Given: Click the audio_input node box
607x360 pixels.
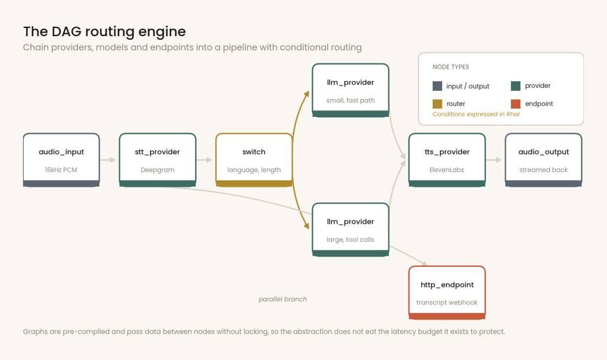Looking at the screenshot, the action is pyautogui.click(x=61, y=160).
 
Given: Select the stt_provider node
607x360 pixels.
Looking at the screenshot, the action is pyautogui.click(x=158, y=160).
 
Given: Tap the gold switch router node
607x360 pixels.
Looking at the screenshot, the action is pyautogui.click(x=254, y=160).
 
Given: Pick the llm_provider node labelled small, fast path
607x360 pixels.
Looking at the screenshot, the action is pyautogui.click(x=350, y=90).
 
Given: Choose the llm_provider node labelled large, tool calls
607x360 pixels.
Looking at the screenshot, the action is pyautogui.click(x=350, y=230).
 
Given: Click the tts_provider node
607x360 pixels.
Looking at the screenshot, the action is pyautogui.click(x=447, y=160).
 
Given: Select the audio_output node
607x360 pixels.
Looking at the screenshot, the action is pyautogui.click(x=544, y=160).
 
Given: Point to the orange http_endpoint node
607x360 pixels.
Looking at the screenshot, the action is pyautogui.click(x=447, y=293).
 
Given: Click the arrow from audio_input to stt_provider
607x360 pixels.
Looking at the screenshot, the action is pyautogui.click(x=108, y=160).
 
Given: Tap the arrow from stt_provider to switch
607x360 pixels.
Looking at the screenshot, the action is pyautogui.click(x=205, y=160).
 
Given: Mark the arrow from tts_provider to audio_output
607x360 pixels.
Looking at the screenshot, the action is pyautogui.click(x=494, y=160).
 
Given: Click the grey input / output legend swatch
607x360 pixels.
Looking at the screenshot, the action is pyautogui.click(x=437, y=86).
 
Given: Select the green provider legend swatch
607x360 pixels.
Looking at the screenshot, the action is pyautogui.click(x=516, y=86).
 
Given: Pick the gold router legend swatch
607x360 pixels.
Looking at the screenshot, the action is pyautogui.click(x=437, y=104).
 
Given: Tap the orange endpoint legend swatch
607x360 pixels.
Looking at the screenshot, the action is pyautogui.click(x=516, y=104).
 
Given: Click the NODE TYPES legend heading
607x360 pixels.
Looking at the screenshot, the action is pyautogui.click(x=451, y=67).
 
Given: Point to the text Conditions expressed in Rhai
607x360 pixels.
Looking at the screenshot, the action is pyautogui.click(x=476, y=114).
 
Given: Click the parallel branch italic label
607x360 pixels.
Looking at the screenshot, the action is pyautogui.click(x=283, y=299).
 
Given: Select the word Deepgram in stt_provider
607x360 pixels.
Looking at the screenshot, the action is pyautogui.click(x=158, y=170).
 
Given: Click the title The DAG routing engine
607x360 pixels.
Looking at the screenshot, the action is pyautogui.click(x=104, y=31).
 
